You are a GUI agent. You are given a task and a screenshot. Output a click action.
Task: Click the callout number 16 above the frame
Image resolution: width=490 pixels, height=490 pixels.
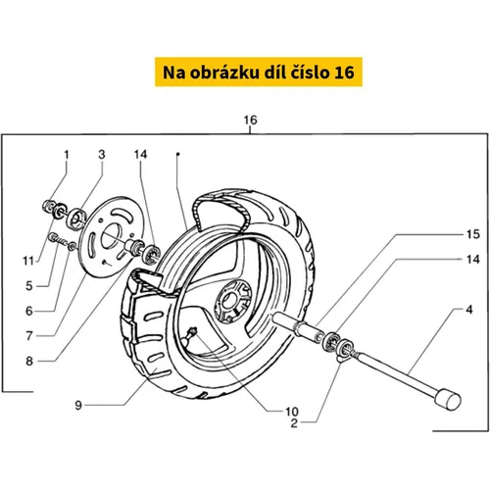pos(250,121)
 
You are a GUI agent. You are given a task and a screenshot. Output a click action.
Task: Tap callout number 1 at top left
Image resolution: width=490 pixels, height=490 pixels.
pos(67,155)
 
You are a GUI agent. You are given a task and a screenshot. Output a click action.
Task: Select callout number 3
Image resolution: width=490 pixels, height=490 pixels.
pos(102,155)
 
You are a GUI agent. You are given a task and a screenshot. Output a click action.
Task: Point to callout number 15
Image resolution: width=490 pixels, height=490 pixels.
pos(472,234)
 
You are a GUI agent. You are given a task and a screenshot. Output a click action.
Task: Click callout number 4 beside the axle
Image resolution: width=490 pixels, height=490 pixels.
pos(469,310)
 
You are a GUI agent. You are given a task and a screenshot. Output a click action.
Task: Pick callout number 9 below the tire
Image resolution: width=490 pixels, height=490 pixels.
pos(78,406)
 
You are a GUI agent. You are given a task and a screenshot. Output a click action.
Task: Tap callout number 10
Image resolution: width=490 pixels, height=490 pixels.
pos(292,412)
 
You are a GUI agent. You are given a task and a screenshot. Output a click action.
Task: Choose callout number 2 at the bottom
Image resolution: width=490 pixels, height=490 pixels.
pos(294,423)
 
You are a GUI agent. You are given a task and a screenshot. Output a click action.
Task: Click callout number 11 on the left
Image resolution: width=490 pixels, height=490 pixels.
pos(28,261)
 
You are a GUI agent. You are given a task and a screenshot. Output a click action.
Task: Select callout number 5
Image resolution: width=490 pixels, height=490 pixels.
pos(29,286)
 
